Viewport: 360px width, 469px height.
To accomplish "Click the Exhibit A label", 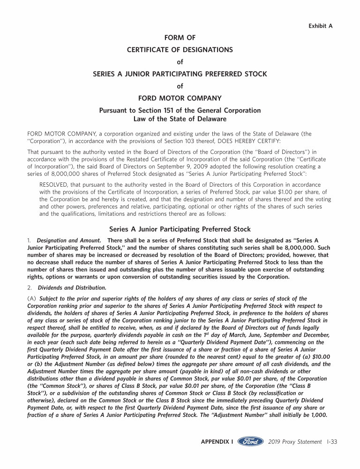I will click(320, 26).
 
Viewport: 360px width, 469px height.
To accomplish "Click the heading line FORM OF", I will click(180, 38).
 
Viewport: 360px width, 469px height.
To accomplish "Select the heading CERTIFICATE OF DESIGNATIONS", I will click(180, 50).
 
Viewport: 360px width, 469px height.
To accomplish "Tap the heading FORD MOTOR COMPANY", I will click(180, 98).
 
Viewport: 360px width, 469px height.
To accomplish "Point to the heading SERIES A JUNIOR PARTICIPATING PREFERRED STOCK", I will click(180, 74).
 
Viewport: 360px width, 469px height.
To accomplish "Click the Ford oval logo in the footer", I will click(250, 442).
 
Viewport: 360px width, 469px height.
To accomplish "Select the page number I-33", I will click(332, 442).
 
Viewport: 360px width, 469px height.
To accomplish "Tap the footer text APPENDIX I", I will click(217, 442).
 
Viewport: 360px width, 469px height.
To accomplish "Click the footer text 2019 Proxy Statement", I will click(295, 442).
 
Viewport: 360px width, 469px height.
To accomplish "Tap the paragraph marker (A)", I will click(32, 299).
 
